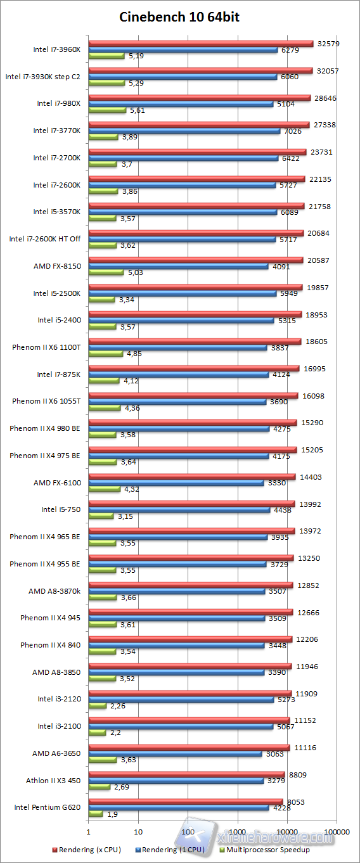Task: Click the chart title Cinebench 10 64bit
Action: coord(179,17)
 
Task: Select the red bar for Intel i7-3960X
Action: coord(201,44)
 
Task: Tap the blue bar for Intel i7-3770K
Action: coord(184,131)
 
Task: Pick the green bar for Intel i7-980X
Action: coord(108,110)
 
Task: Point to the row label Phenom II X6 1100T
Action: coord(46,347)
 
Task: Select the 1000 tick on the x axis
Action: coord(237,831)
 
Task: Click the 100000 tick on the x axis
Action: coord(336,831)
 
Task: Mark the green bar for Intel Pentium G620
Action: coord(96,814)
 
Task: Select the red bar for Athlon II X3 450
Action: coord(186,774)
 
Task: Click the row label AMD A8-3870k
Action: coord(55,591)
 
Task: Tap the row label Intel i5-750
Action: coord(61,509)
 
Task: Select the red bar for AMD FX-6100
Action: coord(191,476)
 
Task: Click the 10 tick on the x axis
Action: coord(138,831)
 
